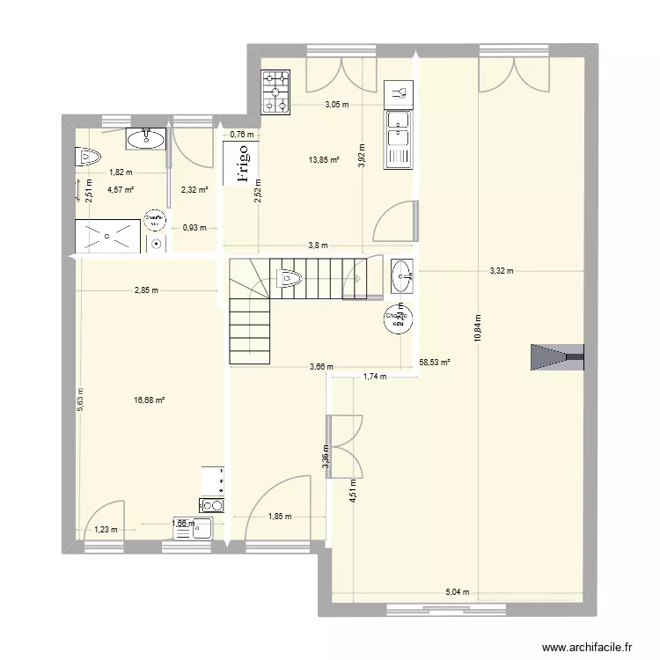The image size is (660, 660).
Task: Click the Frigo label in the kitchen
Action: coord(241,165)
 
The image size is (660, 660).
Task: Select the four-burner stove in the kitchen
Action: coord(276,92)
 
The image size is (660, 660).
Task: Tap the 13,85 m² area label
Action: coord(324,160)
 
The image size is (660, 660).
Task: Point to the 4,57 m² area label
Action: coord(121,189)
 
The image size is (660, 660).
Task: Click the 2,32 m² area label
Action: coord(194,189)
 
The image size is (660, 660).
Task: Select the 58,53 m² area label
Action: coord(435,362)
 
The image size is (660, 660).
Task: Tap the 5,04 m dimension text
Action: coord(458,592)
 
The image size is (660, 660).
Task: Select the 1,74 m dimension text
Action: coord(376,377)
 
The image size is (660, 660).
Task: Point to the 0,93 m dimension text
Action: coord(194,228)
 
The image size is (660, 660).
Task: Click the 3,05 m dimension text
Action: coord(336,105)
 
